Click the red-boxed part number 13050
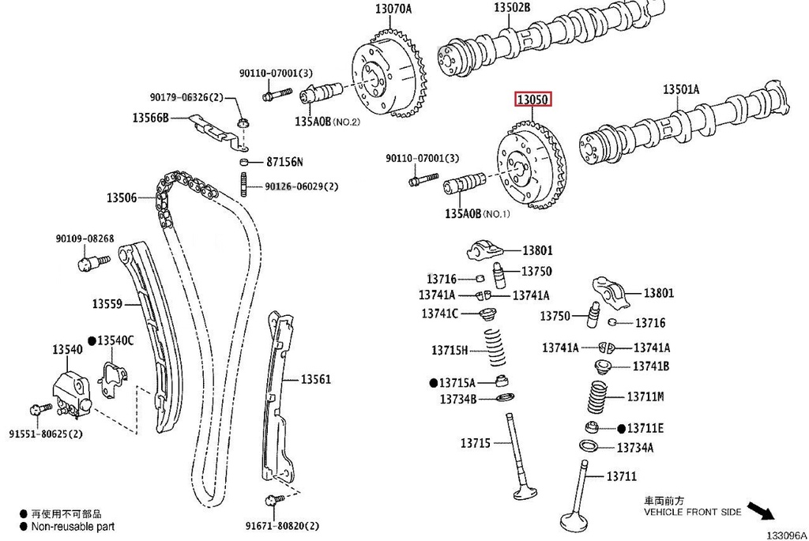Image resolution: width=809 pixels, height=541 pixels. coord(533,100)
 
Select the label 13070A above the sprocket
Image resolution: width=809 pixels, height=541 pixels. coord(393,10)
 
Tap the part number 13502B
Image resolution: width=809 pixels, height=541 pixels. coord(512,7)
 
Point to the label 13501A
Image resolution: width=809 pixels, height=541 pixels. coord(680,90)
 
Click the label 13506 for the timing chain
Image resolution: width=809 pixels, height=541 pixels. coord(122,197)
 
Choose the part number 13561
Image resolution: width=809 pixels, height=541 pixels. coord(315,380)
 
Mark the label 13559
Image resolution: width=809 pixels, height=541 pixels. coord(107,303)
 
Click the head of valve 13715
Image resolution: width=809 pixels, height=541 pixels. coord(525,494)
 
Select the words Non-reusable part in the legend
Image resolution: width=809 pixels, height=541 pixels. coord(73,526)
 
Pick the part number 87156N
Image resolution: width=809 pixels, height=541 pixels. coord(284,162)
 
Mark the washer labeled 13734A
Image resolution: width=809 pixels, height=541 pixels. coord(588,448)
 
